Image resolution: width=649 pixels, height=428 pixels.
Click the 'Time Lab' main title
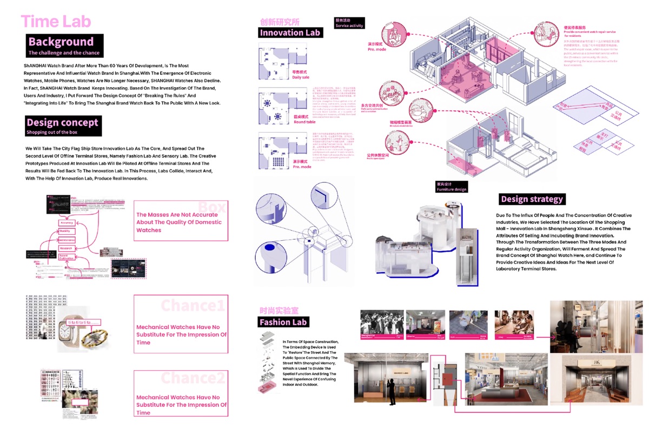[56, 21]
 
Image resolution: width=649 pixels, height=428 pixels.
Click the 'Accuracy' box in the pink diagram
[67, 222]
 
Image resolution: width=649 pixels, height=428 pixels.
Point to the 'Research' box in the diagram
[67, 248]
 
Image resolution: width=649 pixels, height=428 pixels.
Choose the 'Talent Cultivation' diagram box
[67, 256]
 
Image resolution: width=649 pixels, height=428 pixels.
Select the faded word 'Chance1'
[193, 306]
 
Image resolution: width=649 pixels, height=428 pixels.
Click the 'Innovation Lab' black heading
[290, 32]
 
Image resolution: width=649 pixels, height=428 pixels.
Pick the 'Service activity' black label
[349, 23]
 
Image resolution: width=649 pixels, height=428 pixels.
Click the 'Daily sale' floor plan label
[301, 75]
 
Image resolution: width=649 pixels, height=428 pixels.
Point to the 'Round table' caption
[304, 119]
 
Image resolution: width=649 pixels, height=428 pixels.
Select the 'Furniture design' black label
[451, 187]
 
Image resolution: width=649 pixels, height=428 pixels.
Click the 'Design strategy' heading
[532, 199]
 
